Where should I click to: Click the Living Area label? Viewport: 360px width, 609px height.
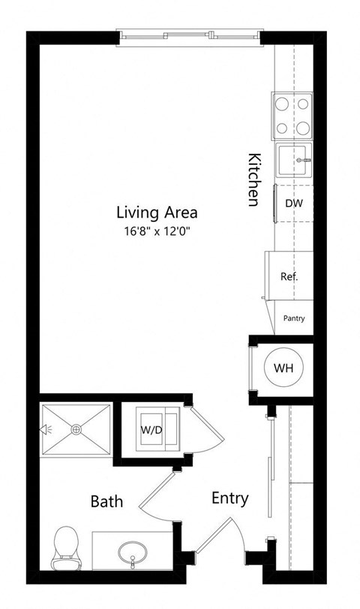pos(156,212)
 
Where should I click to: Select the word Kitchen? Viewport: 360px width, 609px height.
pos(253,180)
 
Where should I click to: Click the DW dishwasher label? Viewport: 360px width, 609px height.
pos(293,202)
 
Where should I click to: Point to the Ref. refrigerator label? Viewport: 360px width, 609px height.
pos(289,276)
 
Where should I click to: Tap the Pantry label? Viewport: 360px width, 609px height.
pos(294,318)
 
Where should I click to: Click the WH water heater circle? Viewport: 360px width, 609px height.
pos(283,368)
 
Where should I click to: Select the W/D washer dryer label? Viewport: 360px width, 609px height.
pos(152,430)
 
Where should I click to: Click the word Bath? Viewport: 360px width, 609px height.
pos(106,501)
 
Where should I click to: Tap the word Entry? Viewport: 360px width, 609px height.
pos(230,498)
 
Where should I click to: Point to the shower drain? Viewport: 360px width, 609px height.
pos(76,429)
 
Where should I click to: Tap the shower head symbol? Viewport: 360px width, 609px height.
pos(46,430)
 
